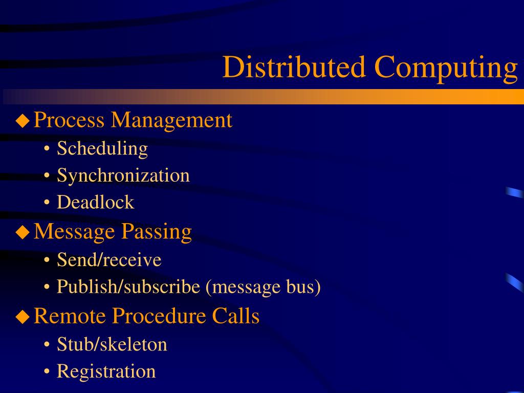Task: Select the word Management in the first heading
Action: pos(172,121)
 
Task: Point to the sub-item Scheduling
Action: pos(102,149)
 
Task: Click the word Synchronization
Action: pos(123,176)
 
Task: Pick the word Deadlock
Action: pos(95,202)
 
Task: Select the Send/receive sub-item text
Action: pos(109,260)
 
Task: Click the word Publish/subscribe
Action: pos(128,287)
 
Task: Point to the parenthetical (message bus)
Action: pos(263,287)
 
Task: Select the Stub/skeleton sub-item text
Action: pos(112,344)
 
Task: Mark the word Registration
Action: pos(106,372)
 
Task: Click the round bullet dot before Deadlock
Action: pos(47,203)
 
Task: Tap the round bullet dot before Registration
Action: pos(47,372)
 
